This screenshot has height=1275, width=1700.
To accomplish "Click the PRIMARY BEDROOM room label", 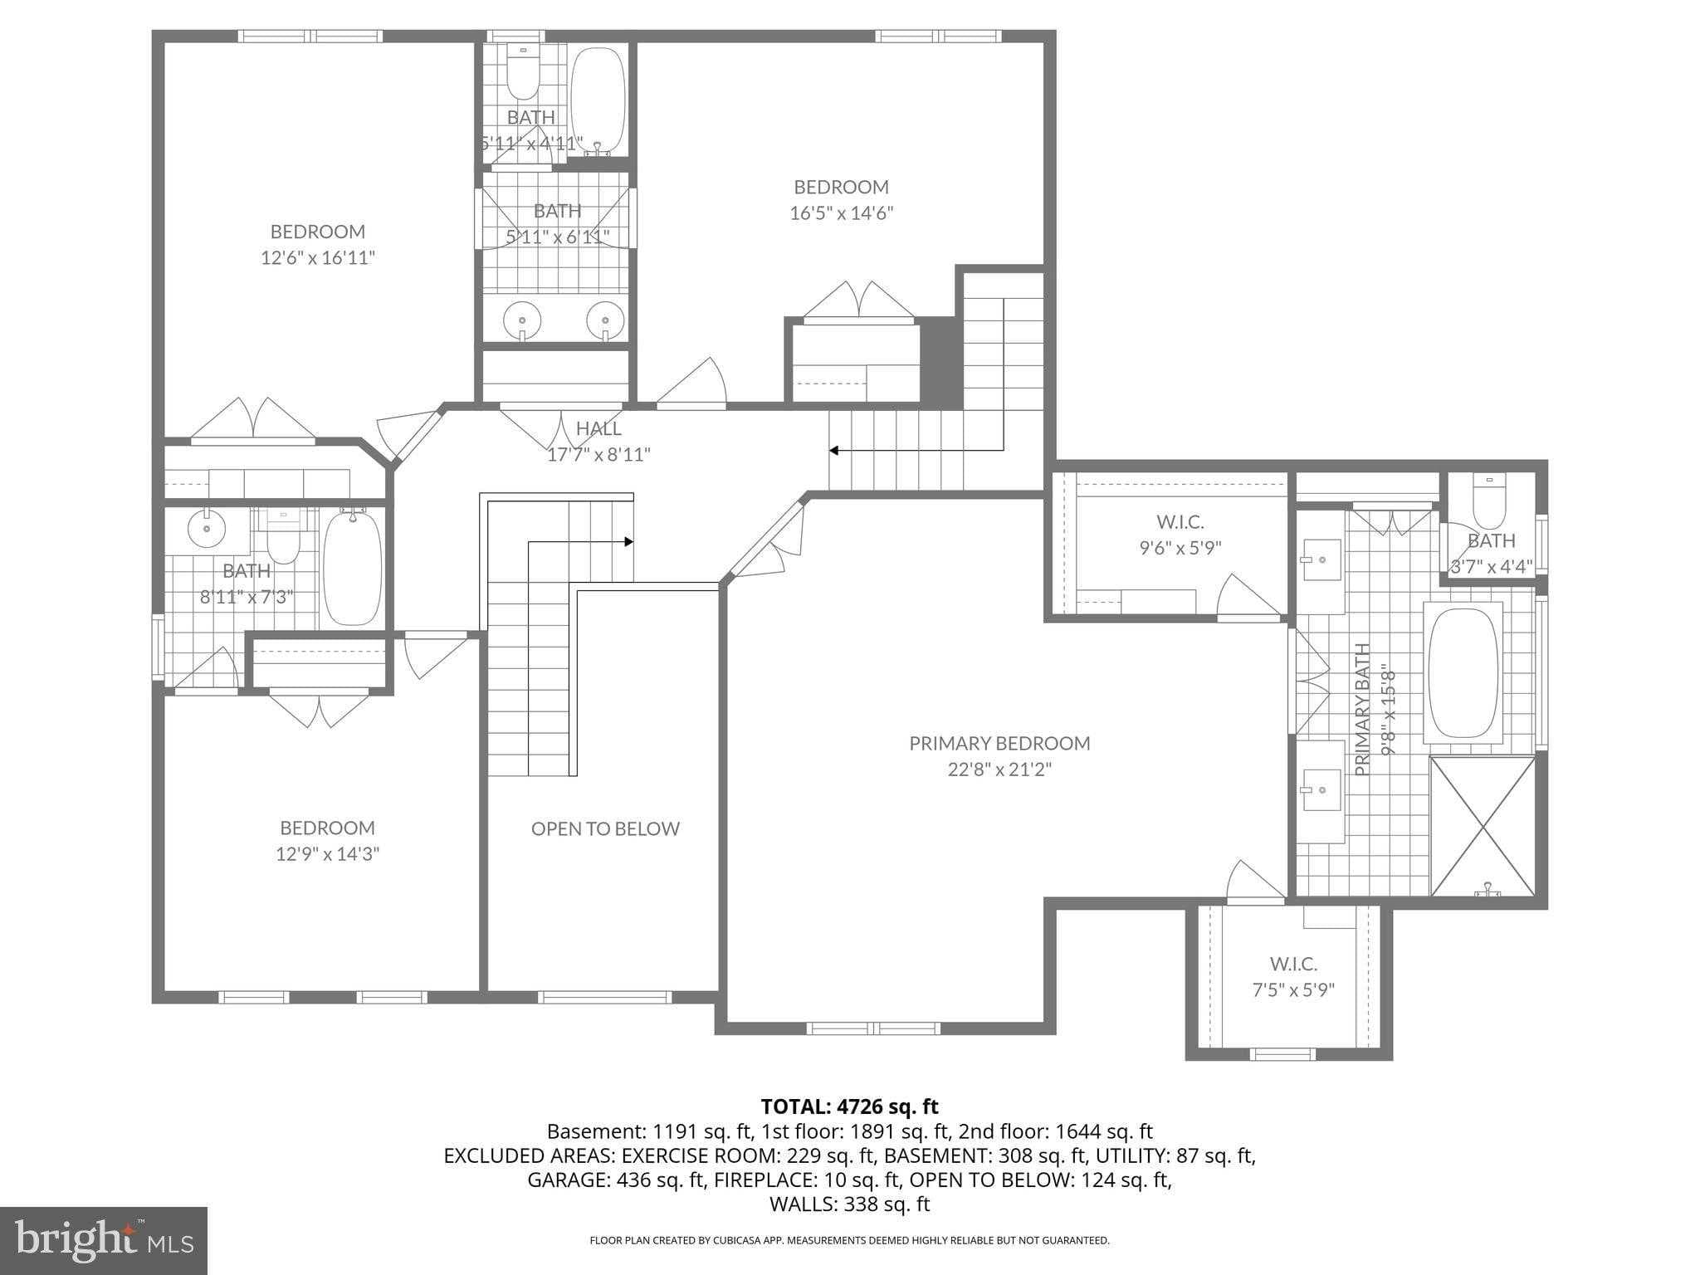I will (999, 743).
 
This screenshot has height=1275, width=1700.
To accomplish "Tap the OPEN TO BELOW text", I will (605, 828).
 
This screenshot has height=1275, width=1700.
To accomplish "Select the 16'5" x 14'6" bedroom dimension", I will (841, 213).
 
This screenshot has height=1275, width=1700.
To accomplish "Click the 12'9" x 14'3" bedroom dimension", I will (327, 854).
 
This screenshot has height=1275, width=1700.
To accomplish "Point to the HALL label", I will (598, 428).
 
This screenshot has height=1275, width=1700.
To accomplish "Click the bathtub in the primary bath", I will (1463, 673).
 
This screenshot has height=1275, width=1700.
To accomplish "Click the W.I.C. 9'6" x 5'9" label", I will (1180, 535).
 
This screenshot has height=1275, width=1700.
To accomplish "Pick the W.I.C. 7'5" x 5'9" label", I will (1292, 977).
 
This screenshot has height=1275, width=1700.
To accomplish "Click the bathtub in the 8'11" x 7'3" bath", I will (353, 569).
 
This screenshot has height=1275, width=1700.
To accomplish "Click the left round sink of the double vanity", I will (523, 319).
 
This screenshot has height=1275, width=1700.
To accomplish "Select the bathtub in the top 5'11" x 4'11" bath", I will (598, 101).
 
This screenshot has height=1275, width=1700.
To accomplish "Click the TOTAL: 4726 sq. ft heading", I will (849, 1106).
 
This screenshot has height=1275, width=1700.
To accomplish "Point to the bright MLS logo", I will (104, 1240).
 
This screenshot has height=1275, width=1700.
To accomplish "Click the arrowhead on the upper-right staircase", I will (833, 451).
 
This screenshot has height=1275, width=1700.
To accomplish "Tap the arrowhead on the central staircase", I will (629, 542).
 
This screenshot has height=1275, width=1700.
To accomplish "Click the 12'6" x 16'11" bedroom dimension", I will (318, 258).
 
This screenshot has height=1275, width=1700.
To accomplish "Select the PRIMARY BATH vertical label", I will (1361, 709).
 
